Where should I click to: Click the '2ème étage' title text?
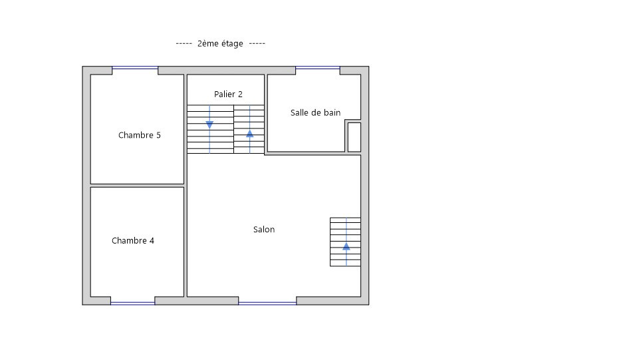pos(220,43)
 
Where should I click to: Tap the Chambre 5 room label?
pos(140,135)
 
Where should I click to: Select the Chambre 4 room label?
pos(133,240)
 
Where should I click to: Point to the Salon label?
pos(264,230)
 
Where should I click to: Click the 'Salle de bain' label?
pos(316,112)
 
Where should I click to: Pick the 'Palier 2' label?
pos(228,94)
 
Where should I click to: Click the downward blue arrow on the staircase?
pos(209,125)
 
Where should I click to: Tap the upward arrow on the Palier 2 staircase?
pos(250,133)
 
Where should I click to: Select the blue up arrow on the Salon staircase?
pos(346,246)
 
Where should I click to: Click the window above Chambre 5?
pos(135,68)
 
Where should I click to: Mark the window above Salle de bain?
pos(318,68)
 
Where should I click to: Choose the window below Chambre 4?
pos(133,303)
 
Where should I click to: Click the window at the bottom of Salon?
pos(267,303)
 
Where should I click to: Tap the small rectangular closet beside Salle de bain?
pos(354,137)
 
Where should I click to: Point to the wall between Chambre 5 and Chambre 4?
pos(137,186)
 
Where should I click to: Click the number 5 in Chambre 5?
pos(159,135)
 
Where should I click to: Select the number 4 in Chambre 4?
pos(152,240)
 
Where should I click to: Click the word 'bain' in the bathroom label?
pos(332,112)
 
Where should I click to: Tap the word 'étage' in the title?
pos(233,44)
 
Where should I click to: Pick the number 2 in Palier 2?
pos(241,94)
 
